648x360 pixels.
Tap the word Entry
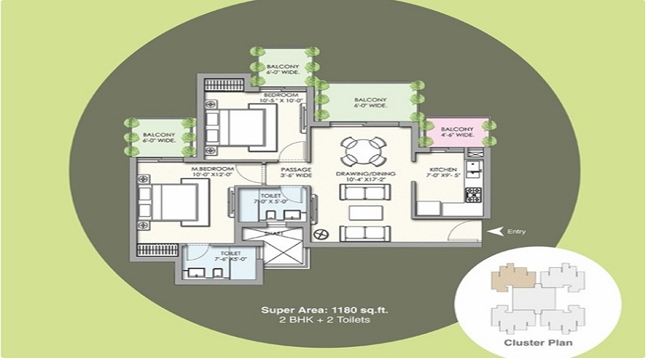point(516,232)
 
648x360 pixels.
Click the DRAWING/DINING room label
point(360,175)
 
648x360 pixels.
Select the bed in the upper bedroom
point(235,126)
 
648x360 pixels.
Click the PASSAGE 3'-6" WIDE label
point(295,172)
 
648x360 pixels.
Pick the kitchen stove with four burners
point(473,194)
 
